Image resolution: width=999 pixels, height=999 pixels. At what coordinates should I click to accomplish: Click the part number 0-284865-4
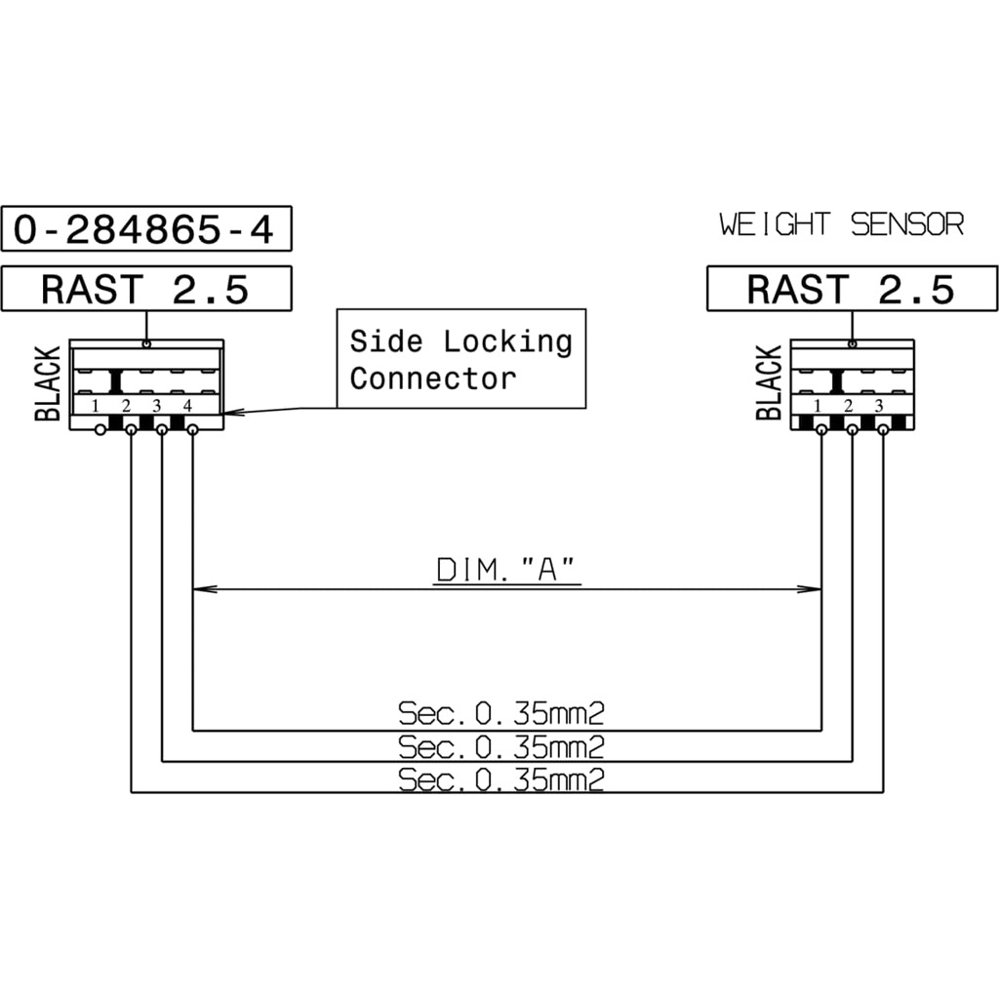144,228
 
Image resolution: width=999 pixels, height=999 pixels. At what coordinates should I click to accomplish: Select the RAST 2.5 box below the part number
146,289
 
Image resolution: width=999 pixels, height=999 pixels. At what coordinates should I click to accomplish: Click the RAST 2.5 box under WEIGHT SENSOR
852,289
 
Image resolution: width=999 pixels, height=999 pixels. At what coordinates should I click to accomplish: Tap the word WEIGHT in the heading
775,224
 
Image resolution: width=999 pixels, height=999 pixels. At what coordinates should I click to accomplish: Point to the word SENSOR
907,224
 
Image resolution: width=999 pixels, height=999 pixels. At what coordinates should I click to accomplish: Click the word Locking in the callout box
507,341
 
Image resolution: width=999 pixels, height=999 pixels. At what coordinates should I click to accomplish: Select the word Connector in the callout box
432,379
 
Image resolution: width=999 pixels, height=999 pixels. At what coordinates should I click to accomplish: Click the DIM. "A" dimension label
506,570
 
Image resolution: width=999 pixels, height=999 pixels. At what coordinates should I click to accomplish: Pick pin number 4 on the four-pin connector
187,405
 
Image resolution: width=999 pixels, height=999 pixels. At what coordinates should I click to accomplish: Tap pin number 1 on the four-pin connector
95,405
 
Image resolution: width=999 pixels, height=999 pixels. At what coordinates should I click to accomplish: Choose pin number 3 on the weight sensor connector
879,405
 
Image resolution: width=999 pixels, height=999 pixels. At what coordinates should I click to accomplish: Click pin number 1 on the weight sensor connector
818,405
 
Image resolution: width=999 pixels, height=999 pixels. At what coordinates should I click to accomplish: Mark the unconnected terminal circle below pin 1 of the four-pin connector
100,430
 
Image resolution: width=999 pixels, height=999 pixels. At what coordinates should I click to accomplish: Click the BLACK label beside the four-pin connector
48,383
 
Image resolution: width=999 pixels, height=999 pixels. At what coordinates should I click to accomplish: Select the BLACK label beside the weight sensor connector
769,382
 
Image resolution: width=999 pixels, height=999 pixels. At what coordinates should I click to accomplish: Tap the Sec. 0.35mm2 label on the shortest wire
500,713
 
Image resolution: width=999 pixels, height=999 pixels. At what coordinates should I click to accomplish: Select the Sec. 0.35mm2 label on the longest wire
500,779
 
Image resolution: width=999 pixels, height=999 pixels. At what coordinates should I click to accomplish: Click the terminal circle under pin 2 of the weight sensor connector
852,430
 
